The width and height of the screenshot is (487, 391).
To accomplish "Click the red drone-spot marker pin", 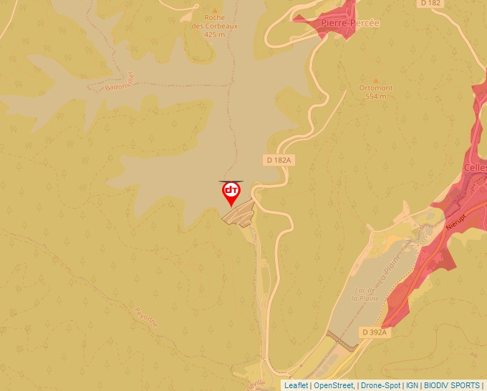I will (231, 192).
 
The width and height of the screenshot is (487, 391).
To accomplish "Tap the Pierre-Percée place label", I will (350, 23).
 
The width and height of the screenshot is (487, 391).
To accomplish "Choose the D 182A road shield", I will (278, 160).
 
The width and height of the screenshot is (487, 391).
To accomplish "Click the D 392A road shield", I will (374, 332).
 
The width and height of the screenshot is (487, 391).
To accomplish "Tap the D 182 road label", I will (431, 4).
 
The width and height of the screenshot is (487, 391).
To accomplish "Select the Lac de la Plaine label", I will (365, 295).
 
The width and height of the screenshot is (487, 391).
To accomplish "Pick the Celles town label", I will (475, 168).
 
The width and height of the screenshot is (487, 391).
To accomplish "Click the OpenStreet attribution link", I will (333, 385).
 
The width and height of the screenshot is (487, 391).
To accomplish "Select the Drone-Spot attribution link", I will (380, 385).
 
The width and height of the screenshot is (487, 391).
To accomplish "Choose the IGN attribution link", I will (412, 385).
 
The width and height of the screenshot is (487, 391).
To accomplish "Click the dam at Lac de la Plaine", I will (342, 341).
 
